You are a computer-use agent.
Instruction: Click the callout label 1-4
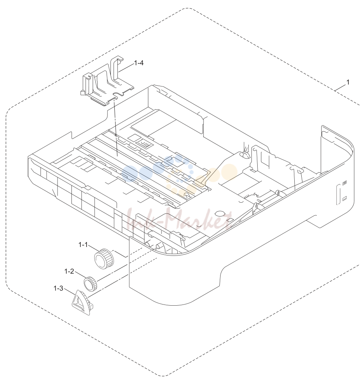[139, 63]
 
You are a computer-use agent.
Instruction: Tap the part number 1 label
[348, 82]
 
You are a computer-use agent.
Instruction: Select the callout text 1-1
[83, 245]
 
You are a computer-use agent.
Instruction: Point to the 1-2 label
[69, 271]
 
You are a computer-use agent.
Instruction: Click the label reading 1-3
[58, 289]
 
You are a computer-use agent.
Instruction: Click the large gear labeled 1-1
[104, 259]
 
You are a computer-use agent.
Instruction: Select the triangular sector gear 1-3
[82, 302]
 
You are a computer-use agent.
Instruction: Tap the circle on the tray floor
[220, 213]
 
